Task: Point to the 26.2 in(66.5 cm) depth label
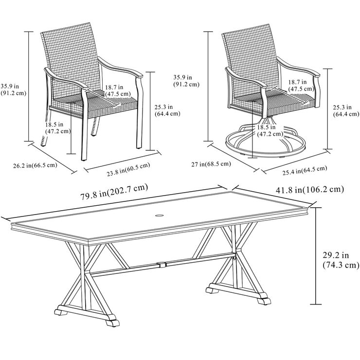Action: [x=36, y=166]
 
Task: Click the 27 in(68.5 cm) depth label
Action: [x=211, y=164]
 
